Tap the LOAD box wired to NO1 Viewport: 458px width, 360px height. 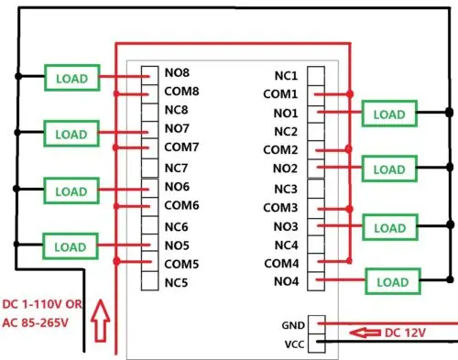coord(387,115)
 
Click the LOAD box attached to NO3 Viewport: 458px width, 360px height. coord(389,228)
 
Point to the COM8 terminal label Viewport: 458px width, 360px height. coord(182,91)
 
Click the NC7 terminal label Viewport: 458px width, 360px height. coord(177,168)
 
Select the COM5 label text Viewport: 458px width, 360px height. coord(182,264)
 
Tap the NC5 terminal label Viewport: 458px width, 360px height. coord(177,283)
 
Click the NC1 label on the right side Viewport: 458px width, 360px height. coord(286,75)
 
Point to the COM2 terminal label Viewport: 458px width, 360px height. coord(280,149)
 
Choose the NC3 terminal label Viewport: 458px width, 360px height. coord(286,189)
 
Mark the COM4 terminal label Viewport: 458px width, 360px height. coord(280,263)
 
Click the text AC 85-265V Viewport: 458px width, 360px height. coord(42,321)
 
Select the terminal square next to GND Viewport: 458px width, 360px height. coord(316,323)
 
